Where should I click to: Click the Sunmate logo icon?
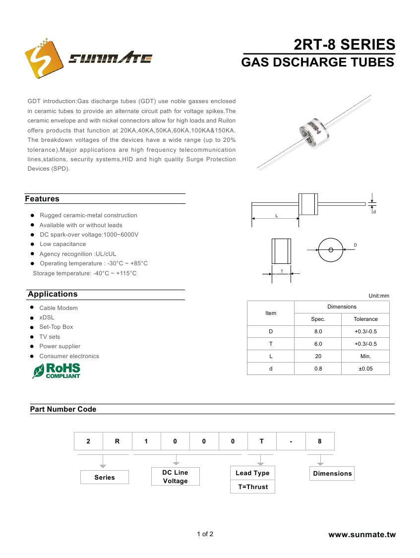click(43, 59)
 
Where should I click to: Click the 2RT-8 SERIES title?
click(345, 45)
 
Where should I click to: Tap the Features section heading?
click(42, 199)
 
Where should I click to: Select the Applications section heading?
click(53, 294)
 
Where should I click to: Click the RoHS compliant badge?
click(56, 371)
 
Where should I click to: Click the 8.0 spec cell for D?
click(318, 331)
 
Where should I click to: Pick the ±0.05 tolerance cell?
click(365, 369)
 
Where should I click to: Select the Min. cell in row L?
click(365, 356)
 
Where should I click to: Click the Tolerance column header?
click(365, 319)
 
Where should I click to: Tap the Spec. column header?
click(318, 319)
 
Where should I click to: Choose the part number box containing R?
click(117, 441)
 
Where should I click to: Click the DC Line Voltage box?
click(176, 477)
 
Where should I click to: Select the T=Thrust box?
click(252, 487)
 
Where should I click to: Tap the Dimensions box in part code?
click(332, 473)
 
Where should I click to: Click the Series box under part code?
click(105, 477)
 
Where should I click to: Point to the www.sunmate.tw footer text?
click(362, 535)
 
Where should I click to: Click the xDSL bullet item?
click(47, 317)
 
